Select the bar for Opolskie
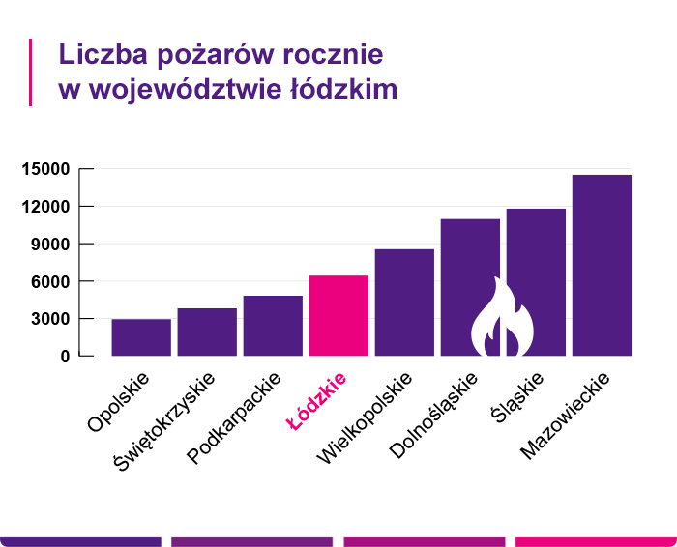pos(141,337)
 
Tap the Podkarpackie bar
pos(273,326)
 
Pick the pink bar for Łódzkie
pos(338,316)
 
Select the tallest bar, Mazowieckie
pos(602,265)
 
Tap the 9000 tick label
pos(49,245)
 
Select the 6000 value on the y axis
pos(49,281)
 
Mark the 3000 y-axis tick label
pos(49,319)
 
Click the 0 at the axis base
pos(65,357)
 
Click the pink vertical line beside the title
pos(31,72)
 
